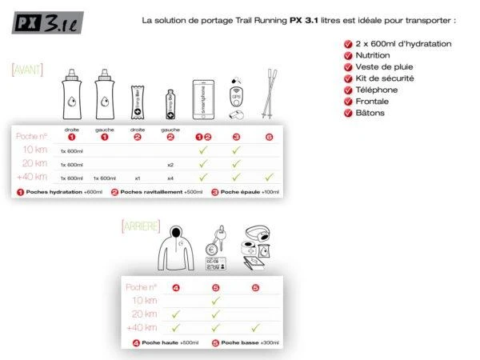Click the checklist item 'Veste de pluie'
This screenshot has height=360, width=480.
pyautogui.click(x=381, y=67)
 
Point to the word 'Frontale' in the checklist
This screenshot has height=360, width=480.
pyautogui.click(x=373, y=102)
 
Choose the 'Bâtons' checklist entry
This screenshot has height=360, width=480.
pyautogui.click(x=370, y=114)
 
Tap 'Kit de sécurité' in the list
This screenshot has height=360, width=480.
pyautogui.click(x=382, y=78)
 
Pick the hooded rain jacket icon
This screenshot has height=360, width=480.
pyautogui.click(x=175, y=249)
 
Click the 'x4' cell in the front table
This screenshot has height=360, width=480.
pyautogui.click(x=170, y=178)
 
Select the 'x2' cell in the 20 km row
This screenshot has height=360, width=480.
pyautogui.click(x=170, y=164)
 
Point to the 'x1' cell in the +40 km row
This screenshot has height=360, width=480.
pyautogui.click(x=138, y=178)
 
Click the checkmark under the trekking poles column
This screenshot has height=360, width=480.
pyautogui.click(x=269, y=177)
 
